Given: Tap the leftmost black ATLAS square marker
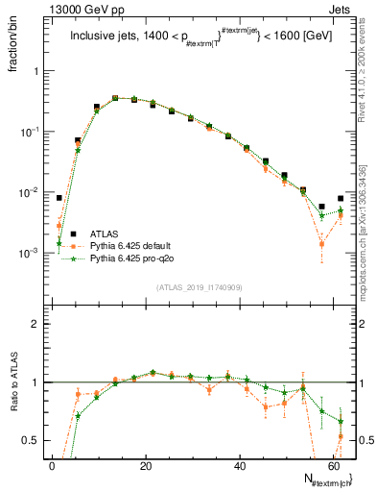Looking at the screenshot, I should coord(59,198).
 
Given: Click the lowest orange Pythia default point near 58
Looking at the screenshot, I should coord(322,244).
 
